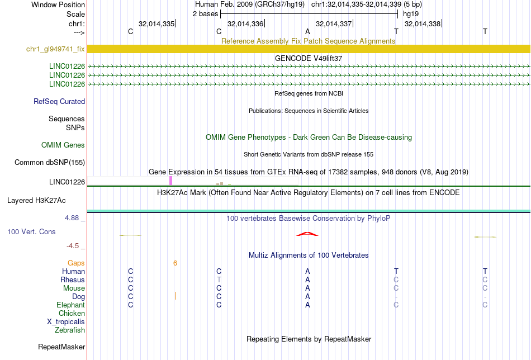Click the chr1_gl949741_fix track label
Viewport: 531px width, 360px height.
55,49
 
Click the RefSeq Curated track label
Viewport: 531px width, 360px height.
59,102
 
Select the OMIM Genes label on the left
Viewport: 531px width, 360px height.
63,145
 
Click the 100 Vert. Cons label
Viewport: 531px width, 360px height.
31,231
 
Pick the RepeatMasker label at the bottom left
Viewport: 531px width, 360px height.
61,347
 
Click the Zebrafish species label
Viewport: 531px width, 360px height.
70,330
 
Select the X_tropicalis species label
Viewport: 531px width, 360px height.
66,322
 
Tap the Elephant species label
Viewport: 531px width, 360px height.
70,305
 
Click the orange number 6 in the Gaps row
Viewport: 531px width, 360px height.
175,263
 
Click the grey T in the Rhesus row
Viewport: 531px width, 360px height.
219,280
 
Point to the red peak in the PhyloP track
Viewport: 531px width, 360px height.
307,234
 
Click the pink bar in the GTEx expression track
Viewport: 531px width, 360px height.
170,181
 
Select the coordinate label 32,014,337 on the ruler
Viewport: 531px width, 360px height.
334,24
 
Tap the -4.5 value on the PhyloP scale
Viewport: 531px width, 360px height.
75,245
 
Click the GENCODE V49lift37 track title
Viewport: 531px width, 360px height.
309,58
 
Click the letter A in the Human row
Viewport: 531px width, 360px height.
307,271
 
